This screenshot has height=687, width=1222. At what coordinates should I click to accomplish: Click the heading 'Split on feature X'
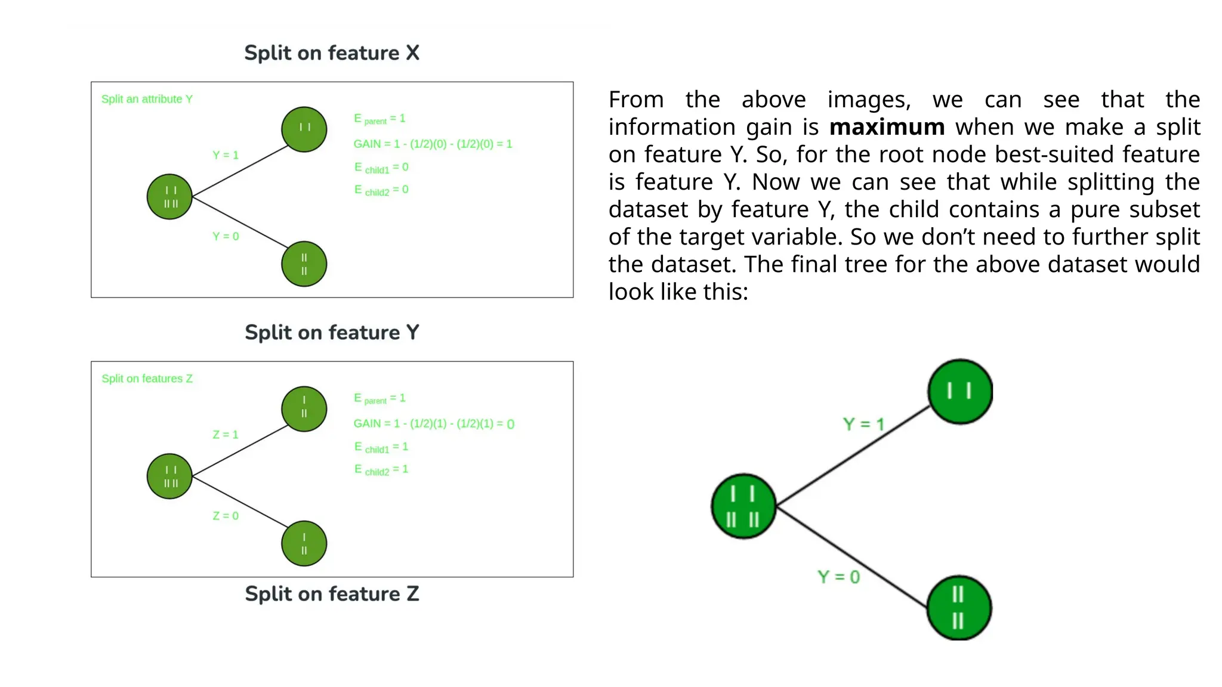coord(332,53)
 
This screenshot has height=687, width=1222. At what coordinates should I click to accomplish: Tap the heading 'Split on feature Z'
coord(332,594)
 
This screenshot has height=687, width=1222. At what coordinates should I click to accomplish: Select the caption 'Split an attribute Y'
coord(147,99)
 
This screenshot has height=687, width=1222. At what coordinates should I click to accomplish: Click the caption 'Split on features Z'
coord(147,379)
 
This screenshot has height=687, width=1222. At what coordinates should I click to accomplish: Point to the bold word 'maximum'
coord(887,127)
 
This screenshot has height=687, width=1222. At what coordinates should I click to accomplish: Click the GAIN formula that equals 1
coord(433,144)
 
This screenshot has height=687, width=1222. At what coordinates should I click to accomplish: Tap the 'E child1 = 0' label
coord(381,168)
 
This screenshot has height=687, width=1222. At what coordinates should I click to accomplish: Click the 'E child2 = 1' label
coord(381,470)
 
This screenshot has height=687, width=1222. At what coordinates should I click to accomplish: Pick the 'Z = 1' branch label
coord(226,435)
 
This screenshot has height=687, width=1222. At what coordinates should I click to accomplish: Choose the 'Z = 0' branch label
coord(226,516)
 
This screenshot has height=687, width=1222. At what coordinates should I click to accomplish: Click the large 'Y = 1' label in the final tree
coord(863,424)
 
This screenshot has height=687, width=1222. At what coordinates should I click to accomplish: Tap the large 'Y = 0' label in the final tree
coord(838,577)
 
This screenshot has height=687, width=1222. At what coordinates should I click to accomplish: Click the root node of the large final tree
coord(743,506)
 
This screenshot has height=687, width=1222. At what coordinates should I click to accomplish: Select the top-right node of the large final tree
coord(960,391)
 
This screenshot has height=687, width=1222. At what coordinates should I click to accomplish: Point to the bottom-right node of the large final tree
coord(959,608)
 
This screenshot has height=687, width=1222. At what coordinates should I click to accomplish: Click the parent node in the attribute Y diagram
coord(169,197)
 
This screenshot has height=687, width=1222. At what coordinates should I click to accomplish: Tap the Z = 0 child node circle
coord(304,543)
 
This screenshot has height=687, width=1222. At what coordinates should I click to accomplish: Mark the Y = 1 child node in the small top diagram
coord(304,129)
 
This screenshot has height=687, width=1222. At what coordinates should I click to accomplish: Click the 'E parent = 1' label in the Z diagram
coord(379,398)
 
